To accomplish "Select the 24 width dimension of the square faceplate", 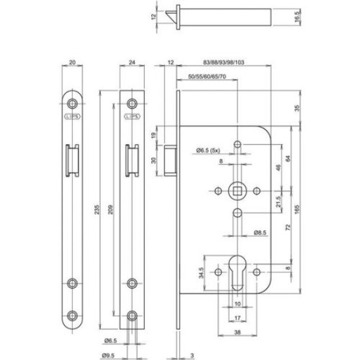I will tap(132, 63).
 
